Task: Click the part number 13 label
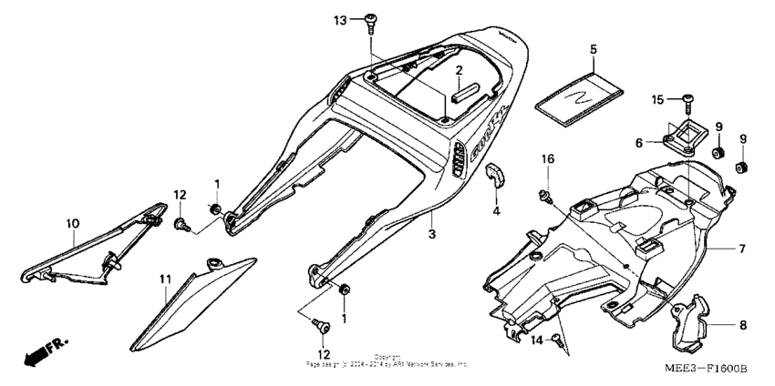coord(340,19)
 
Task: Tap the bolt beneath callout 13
coord(371,20)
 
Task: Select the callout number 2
coord(460,70)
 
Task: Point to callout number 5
coord(593,47)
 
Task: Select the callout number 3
coord(433,234)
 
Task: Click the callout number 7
coord(741,248)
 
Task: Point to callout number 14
coord(537,339)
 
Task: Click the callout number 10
coord(72,221)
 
